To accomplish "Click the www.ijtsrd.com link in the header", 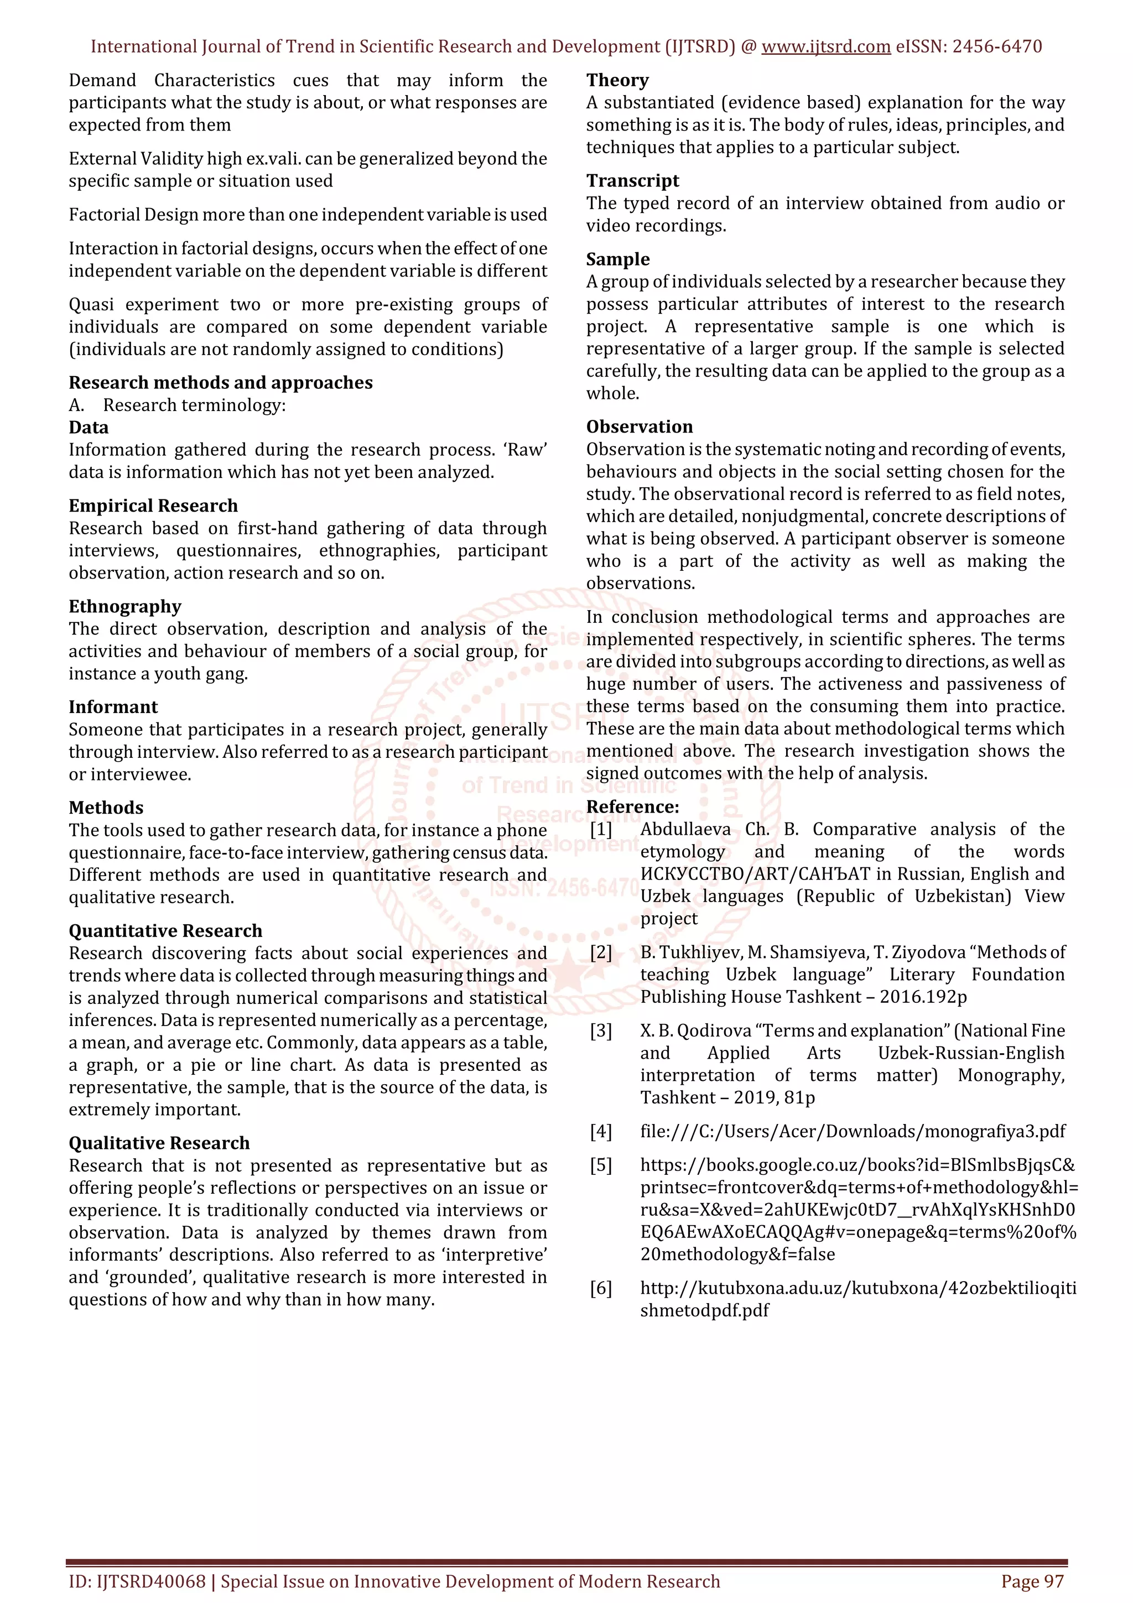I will coord(825,47).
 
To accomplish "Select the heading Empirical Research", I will coord(153,506).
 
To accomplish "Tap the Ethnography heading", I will coord(125,606).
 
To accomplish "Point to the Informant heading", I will coord(113,706).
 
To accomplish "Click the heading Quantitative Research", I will coord(165,931).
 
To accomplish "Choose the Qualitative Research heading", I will coord(159,1143).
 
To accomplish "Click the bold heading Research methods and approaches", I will coord(221,383).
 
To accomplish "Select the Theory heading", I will coord(617,80).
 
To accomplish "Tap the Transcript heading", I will coord(632,181).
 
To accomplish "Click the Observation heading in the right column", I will coord(640,426).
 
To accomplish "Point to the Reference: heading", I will coord(632,807).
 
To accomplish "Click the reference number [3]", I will coord(601,1030).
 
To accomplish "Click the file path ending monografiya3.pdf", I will coord(853,1131).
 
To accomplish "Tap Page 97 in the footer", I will coord(1032,1581).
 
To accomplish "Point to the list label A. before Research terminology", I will coord(77,405).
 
